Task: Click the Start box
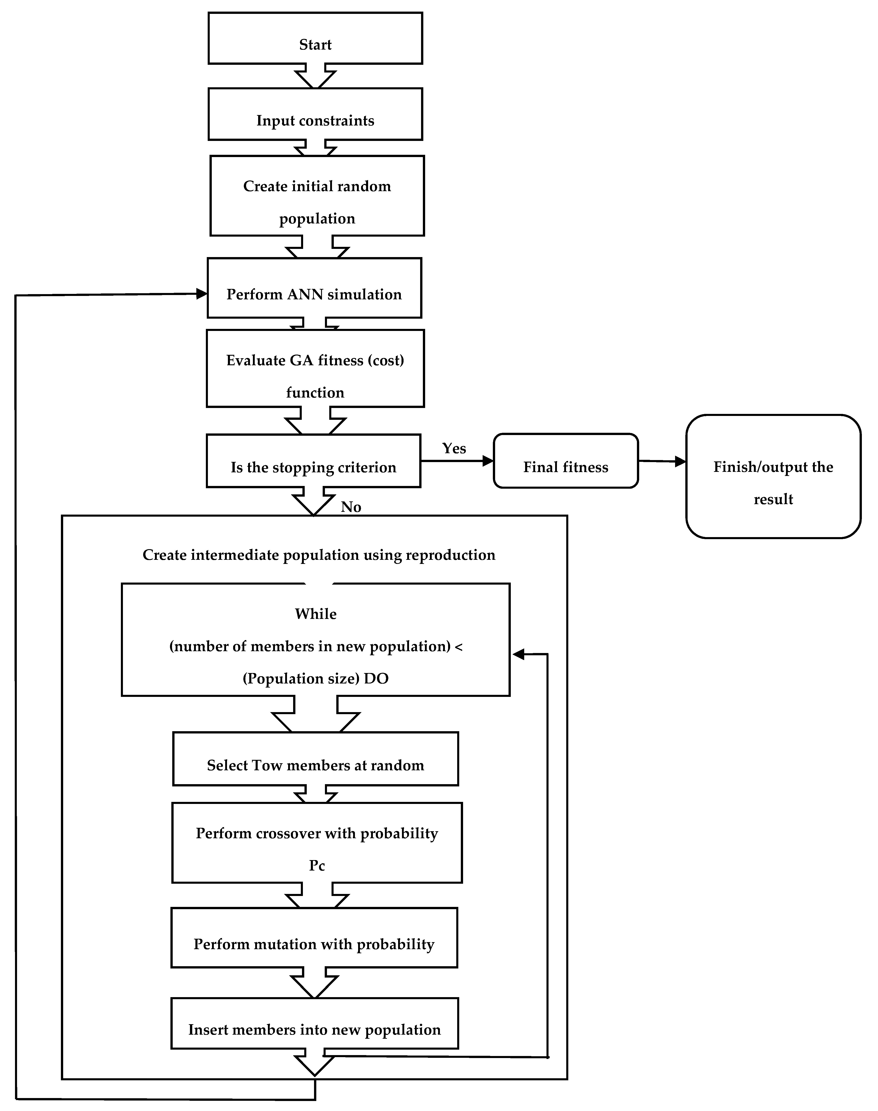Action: [x=315, y=39]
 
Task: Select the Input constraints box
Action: [x=315, y=114]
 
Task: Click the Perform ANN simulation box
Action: [x=314, y=288]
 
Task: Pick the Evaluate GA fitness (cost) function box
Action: [x=315, y=369]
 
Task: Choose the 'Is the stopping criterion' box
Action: [x=313, y=461]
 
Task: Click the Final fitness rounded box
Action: [x=566, y=461]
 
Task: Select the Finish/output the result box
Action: [x=773, y=477]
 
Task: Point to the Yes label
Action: [x=454, y=448]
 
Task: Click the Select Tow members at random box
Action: [x=315, y=759]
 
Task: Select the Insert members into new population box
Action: [x=314, y=1023]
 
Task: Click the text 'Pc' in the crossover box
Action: [x=317, y=866]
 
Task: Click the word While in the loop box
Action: [x=316, y=614]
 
